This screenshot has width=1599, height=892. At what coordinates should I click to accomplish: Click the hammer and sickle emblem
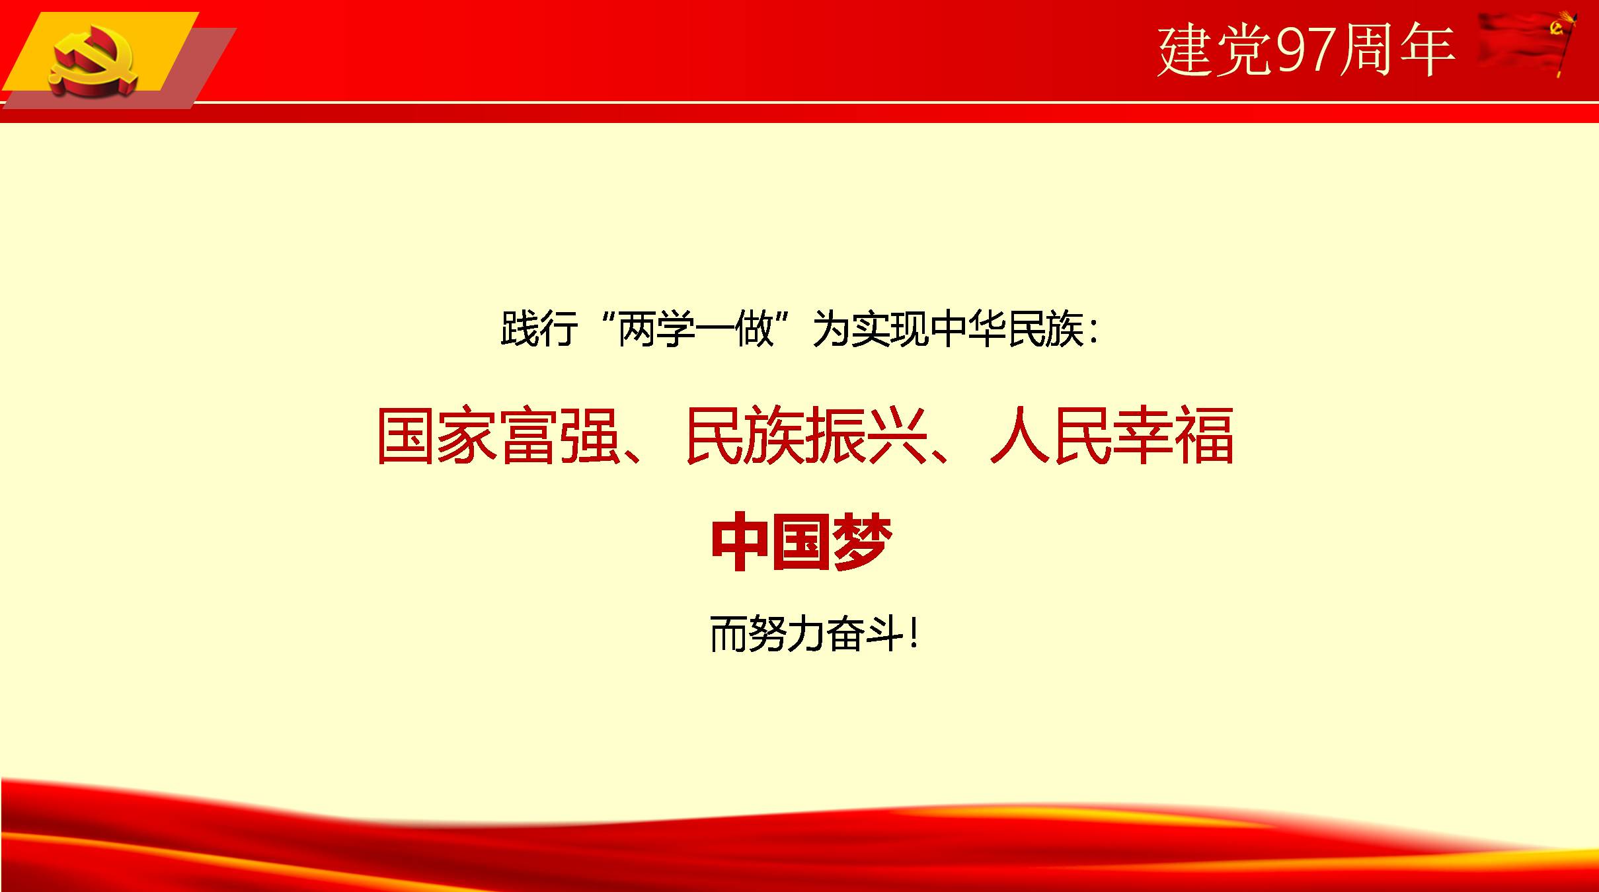coord(94,64)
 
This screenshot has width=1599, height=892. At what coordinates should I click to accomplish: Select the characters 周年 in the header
coord(1396,50)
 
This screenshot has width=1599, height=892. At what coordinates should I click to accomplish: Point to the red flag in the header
coord(1527,43)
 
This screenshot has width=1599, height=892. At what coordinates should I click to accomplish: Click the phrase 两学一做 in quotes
coord(695,328)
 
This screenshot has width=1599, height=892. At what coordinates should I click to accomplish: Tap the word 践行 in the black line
coord(539,328)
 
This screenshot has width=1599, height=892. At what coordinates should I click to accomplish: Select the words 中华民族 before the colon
coord(1006,328)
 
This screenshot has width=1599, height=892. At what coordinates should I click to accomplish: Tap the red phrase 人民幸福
coord(1112,436)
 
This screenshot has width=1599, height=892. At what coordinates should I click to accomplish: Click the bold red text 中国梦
coord(801,542)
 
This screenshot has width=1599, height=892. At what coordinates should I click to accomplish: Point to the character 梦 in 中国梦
coord(862,542)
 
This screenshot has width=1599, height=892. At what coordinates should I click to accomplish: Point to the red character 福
coord(1204,436)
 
